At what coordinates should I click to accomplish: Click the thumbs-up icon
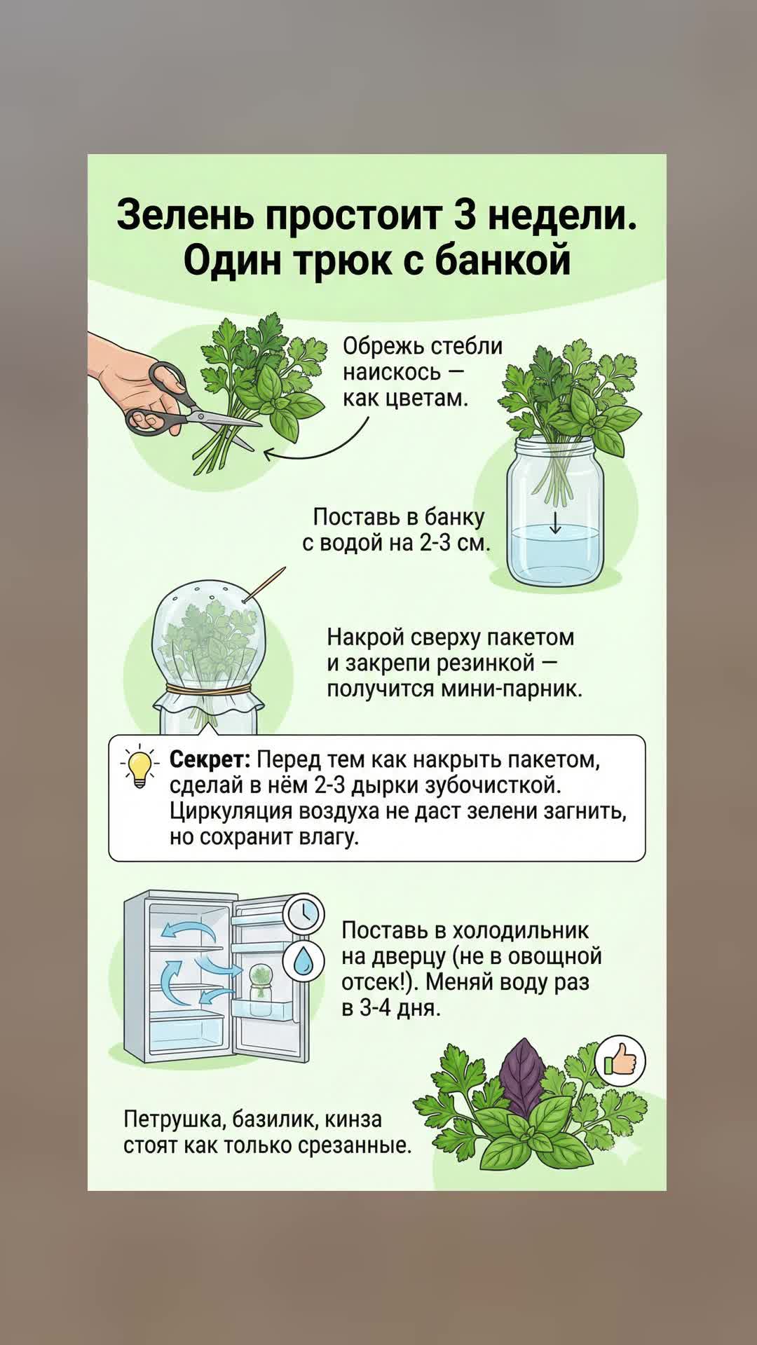pyautogui.click(x=620, y=1062)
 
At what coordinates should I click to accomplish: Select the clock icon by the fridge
pyautogui.click(x=304, y=913)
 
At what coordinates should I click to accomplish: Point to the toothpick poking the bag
pyautogui.click(x=264, y=584)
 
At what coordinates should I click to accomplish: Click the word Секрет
pyautogui.click(x=210, y=759)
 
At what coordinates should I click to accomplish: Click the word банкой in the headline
pyautogui.click(x=503, y=261)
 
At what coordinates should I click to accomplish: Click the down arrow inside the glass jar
pyautogui.click(x=555, y=522)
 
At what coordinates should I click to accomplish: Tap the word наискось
pyautogui.click(x=393, y=373)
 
